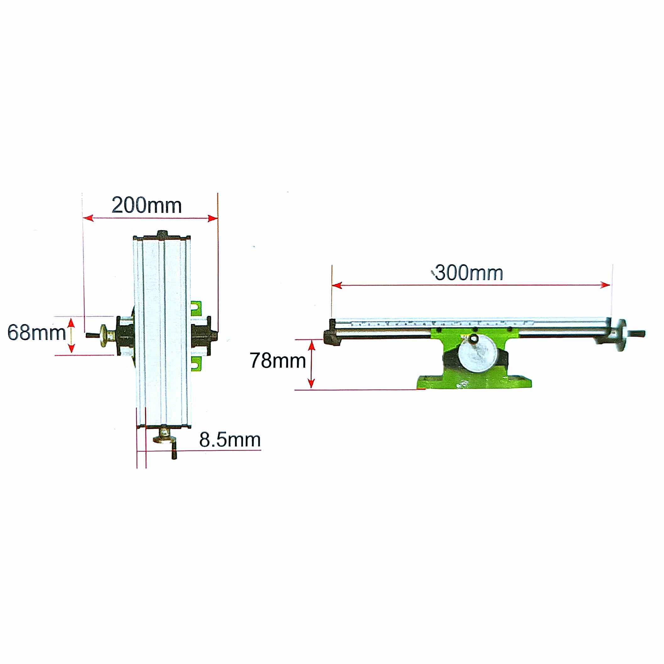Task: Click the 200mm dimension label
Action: (147, 206)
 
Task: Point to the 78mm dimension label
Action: (278, 360)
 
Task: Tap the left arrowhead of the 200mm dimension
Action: (89, 218)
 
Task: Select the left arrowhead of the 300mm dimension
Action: (337, 285)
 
